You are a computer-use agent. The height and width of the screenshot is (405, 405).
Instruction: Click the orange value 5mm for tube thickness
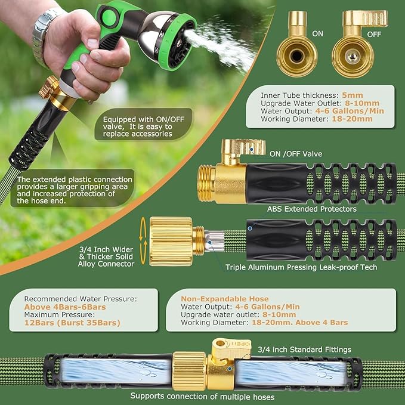click(x=352, y=95)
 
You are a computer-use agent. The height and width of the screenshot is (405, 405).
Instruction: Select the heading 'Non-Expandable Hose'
click(x=219, y=299)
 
